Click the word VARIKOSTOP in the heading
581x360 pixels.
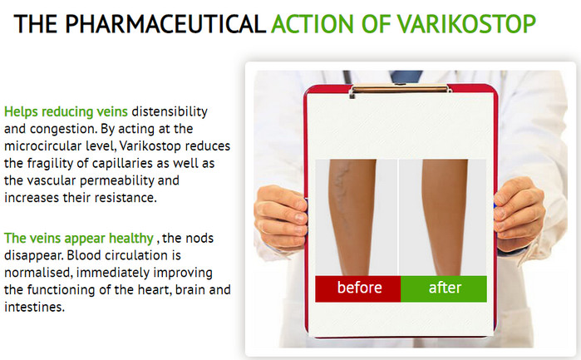tap(467, 24)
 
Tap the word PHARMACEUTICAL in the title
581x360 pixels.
tap(165, 24)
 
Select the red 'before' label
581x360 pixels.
tap(358, 288)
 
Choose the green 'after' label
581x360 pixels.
tap(444, 288)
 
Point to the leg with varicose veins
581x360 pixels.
tap(352, 217)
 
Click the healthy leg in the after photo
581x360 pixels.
tap(445, 217)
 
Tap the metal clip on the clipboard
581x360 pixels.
tap(400, 89)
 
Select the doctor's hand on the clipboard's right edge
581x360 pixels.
tap(519, 213)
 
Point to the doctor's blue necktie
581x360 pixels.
tap(406, 76)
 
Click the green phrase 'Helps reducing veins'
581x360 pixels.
tap(66, 112)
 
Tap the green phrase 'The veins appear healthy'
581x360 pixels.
tap(79, 239)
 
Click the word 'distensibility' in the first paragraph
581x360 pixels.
tap(170, 111)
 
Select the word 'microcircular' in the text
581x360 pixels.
tap(43, 146)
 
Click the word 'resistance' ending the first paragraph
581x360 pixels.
tap(126, 198)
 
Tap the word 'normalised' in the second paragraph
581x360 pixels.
tap(38, 273)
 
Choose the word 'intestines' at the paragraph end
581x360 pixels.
tap(34, 308)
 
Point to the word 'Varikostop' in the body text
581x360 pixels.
tap(150, 146)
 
